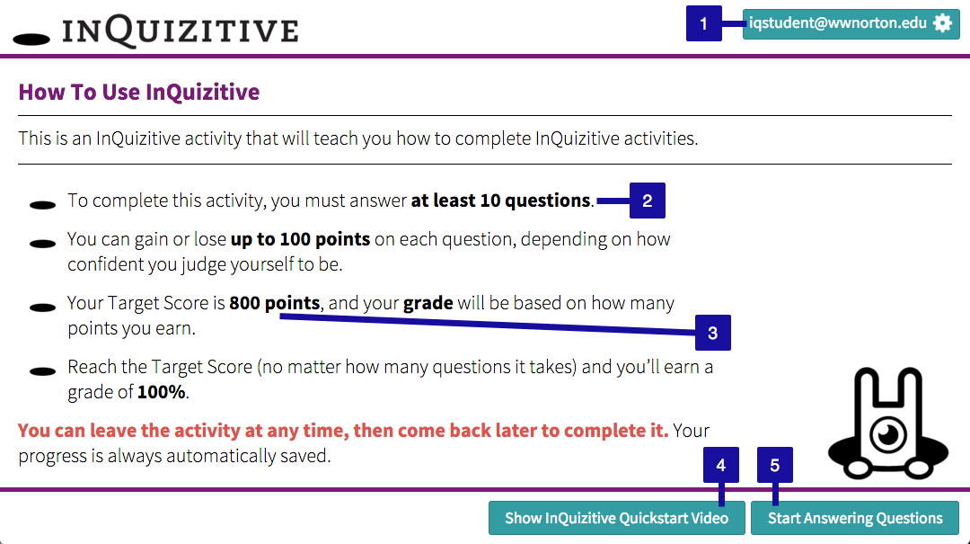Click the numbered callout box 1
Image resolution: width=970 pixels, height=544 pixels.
[703, 23]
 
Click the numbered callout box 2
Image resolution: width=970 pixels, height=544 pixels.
[647, 201]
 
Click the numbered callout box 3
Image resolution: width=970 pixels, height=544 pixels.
[712, 333]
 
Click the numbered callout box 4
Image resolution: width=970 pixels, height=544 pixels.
[720, 465]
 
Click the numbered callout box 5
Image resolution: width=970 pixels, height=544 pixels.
[774, 465]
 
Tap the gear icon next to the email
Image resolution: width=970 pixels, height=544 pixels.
[942, 23]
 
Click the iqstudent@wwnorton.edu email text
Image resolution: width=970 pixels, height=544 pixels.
[838, 22]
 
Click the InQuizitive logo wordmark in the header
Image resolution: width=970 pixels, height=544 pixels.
[180, 31]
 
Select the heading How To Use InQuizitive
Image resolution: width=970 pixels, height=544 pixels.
[139, 93]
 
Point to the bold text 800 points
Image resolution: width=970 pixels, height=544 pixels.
[275, 303]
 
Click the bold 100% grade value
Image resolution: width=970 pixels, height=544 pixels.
[162, 392]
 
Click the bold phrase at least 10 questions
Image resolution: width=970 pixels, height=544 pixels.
[500, 201]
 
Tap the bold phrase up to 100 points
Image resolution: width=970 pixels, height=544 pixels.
[300, 239]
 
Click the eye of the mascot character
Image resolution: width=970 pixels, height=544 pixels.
[888, 433]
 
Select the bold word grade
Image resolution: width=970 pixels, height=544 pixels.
[428, 303]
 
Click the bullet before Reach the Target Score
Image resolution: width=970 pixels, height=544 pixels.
[43, 371]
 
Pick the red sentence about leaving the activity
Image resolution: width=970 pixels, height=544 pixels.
[343, 431]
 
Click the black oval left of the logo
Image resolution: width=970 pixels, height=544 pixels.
[31, 40]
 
